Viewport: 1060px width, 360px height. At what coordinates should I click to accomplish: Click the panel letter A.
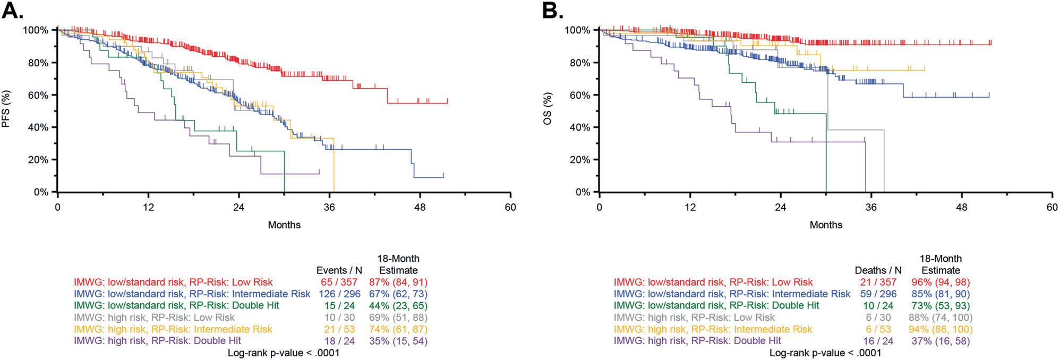point(13,11)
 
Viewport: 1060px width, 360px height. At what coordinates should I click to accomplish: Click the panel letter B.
point(553,11)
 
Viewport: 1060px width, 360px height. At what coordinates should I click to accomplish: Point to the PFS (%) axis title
point(6,109)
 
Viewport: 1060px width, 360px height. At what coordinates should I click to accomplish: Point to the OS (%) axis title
point(548,109)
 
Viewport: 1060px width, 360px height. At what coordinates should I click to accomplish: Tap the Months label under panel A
point(284,225)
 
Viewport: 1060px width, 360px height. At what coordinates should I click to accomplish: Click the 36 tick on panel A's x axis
point(329,207)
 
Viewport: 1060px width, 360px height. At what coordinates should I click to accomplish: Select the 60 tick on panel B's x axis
point(1052,207)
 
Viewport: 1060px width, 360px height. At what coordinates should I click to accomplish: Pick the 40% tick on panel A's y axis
point(38,127)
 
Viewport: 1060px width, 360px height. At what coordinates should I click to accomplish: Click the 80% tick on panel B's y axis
point(578,63)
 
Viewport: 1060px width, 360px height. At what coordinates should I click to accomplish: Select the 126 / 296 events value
point(338,294)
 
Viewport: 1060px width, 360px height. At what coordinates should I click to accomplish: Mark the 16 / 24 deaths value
point(878,341)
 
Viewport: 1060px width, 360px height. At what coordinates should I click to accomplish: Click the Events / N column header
point(339,270)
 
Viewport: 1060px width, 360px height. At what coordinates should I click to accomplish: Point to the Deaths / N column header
point(878,270)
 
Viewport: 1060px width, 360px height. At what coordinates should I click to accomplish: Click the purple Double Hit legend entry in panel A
point(158,341)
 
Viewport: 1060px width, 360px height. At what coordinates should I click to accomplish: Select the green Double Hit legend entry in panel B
point(716,306)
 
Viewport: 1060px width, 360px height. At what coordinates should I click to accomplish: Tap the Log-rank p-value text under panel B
point(825,353)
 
